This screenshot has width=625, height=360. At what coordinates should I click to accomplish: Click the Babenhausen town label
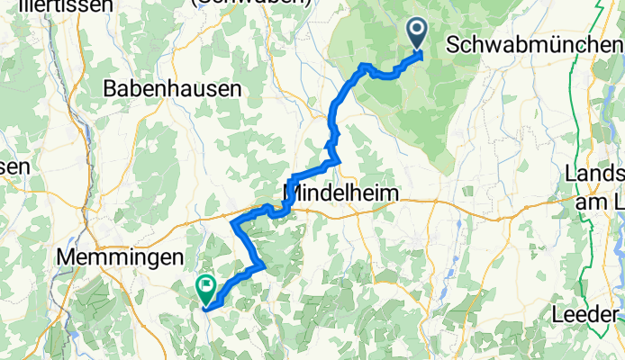click(x=174, y=88)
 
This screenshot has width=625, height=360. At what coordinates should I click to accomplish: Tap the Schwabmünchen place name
click(x=533, y=44)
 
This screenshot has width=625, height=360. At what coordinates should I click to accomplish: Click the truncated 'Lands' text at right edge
click(x=594, y=174)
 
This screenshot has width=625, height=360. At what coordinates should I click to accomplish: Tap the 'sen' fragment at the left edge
click(x=15, y=166)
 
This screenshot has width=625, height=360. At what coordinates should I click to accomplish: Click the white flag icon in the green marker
click(x=204, y=287)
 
